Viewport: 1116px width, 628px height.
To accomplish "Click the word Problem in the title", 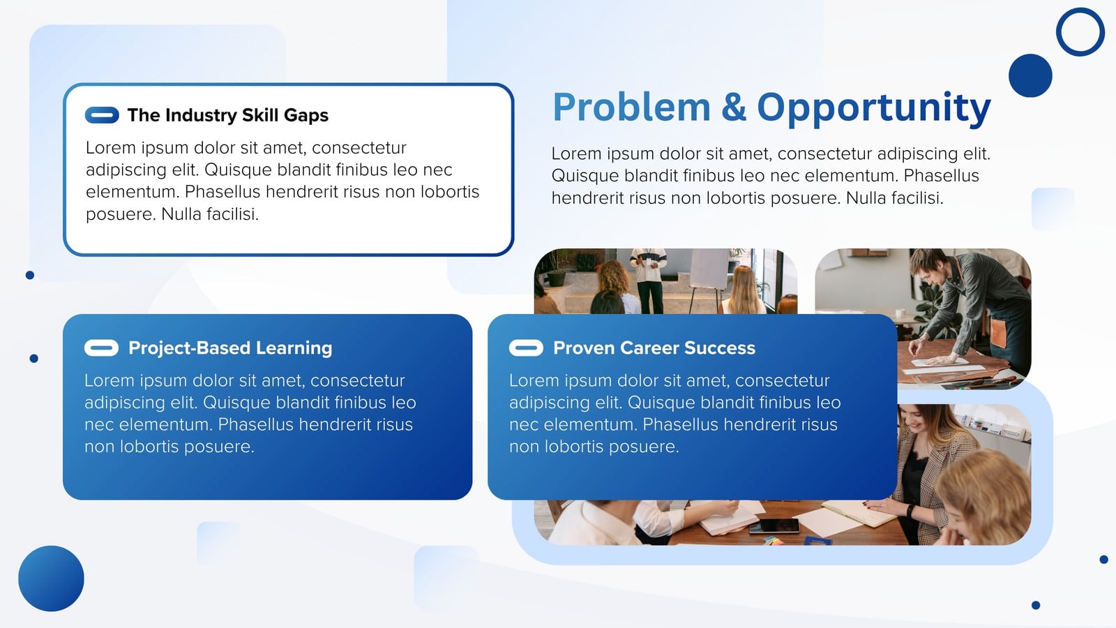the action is (x=631, y=107).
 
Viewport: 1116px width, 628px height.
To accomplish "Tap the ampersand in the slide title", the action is (x=734, y=107).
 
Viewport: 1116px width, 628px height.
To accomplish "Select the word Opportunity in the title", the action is (x=874, y=109).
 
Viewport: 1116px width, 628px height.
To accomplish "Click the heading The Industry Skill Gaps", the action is (x=227, y=115).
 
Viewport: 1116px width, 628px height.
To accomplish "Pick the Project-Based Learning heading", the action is (x=230, y=348).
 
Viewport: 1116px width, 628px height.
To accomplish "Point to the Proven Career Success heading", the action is (x=654, y=348).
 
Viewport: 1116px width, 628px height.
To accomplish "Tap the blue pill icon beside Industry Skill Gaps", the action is (x=102, y=115).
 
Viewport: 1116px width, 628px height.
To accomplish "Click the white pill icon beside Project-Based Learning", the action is (x=102, y=348).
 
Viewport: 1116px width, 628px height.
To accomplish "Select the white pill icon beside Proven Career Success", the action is (x=526, y=348).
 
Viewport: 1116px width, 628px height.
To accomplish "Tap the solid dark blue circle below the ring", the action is (x=1030, y=76).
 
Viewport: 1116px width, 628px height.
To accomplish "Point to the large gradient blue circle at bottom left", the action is (x=52, y=578).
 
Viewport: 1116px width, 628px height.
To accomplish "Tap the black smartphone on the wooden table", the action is (x=774, y=526).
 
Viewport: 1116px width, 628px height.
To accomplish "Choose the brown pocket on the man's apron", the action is (x=999, y=333).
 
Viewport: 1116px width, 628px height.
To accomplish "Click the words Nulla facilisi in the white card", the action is (x=210, y=214).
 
